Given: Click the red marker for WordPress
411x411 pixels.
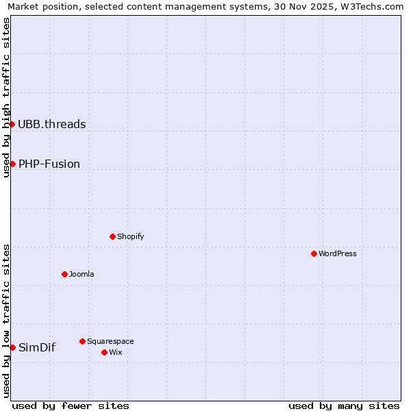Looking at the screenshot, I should pyautogui.click(x=314, y=253).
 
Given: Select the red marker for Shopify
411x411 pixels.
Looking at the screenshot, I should pyautogui.click(x=112, y=236).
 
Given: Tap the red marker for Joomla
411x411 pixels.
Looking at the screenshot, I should pyautogui.click(x=64, y=274).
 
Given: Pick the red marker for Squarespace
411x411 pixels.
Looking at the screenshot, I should pyautogui.click(x=82, y=341).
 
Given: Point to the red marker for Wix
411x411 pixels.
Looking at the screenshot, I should pyautogui.click(x=104, y=352).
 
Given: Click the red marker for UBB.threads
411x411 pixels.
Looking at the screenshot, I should pyautogui.click(x=12, y=124).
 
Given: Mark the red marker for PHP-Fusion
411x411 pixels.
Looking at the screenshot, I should pyautogui.click(x=12, y=164).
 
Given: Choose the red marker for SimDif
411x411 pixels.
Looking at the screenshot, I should pyautogui.click(x=12, y=347).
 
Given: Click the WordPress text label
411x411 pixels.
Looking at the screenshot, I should pyautogui.click(x=338, y=253).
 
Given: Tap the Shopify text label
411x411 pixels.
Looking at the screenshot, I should pyautogui.click(x=130, y=236).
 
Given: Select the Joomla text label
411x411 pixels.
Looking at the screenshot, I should pyautogui.click(x=82, y=274).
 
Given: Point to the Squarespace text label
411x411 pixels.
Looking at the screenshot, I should pyautogui.click(x=110, y=341).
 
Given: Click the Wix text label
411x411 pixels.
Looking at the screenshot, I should pyautogui.click(x=115, y=352).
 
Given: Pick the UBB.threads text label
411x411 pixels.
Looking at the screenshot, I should pyautogui.click(x=52, y=124).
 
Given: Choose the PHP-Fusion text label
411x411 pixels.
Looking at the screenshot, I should pyautogui.click(x=49, y=164).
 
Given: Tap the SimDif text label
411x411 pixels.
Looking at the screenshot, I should pyautogui.click(x=37, y=347).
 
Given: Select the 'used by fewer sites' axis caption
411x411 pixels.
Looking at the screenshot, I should pyautogui.click(x=71, y=406).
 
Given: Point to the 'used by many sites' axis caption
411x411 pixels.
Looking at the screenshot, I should pyautogui.click(x=344, y=406).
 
